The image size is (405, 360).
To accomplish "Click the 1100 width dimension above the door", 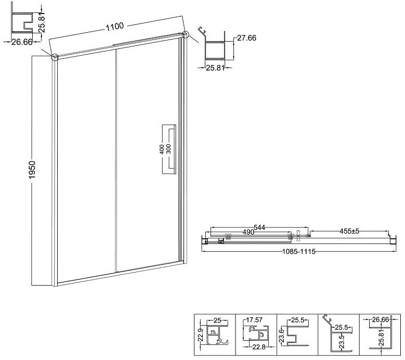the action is click(115, 27).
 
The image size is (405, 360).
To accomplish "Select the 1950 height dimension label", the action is click(32, 170).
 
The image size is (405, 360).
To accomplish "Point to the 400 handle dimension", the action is click(162, 149).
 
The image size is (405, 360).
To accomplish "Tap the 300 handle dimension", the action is click(168, 149).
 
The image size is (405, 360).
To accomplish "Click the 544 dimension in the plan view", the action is click(259, 227).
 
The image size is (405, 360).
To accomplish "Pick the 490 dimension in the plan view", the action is click(248, 232).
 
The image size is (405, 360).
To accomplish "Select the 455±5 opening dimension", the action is click(349, 231).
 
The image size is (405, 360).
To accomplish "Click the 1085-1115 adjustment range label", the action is click(298, 251).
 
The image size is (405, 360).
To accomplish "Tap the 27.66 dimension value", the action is click(246, 38).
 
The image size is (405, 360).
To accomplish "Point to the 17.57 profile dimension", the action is click(254, 320).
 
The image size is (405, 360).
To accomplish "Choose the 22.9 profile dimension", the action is click(202, 335).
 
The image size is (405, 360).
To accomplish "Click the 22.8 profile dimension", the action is click(259, 347).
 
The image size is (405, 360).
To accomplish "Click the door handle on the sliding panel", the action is click(174, 150).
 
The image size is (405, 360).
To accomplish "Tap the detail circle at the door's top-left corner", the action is click(55, 57).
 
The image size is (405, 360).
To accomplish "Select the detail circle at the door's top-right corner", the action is click(185, 35).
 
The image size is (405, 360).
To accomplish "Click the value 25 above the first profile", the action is click(217, 320).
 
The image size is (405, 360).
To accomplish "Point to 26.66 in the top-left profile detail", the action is click(22, 42).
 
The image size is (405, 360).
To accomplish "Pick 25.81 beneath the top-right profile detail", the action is click(215, 68).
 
